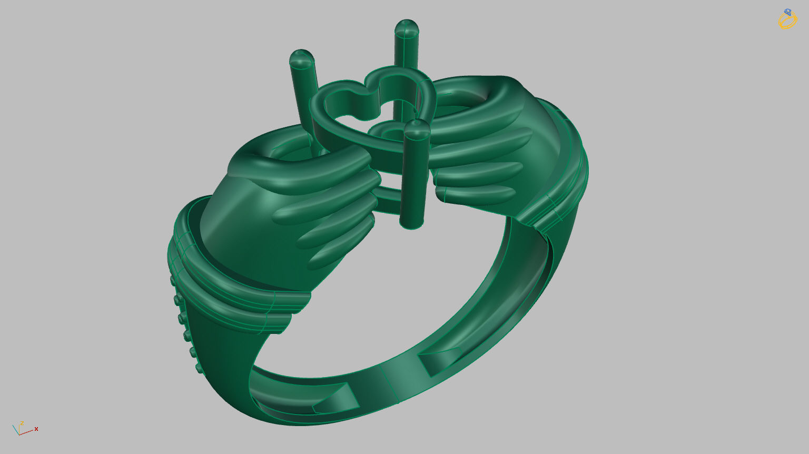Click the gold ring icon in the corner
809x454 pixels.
click(x=787, y=19)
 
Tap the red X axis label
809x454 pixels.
click(x=36, y=429)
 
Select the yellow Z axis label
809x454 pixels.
click(x=22, y=423)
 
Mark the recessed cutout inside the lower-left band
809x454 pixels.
click(x=334, y=400)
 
